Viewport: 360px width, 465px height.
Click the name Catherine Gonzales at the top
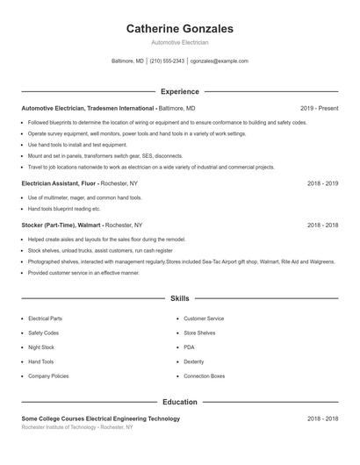click(180, 28)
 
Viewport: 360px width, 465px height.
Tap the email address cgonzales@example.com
click(219, 61)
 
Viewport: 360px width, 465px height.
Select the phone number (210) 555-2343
click(167, 61)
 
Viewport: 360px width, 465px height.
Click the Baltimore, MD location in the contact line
click(127, 61)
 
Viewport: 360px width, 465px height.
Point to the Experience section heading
click(180, 91)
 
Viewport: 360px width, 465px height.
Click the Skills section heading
click(180, 299)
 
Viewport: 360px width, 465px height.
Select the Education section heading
click(180, 402)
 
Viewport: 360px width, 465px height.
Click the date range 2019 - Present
click(319, 108)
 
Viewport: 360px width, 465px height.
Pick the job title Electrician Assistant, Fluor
click(58, 183)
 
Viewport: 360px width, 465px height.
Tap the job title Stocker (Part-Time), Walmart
click(61, 225)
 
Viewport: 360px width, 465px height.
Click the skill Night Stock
click(42, 347)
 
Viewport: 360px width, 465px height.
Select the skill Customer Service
click(204, 318)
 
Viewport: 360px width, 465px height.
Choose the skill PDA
click(189, 347)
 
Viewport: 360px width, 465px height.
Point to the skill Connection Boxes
click(205, 376)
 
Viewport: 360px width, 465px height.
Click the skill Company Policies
click(48, 376)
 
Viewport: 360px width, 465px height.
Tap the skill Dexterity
click(194, 361)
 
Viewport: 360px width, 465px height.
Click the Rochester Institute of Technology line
click(77, 427)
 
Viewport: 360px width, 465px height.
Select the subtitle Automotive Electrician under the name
click(180, 42)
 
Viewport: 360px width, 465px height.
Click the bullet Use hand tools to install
click(65, 144)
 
